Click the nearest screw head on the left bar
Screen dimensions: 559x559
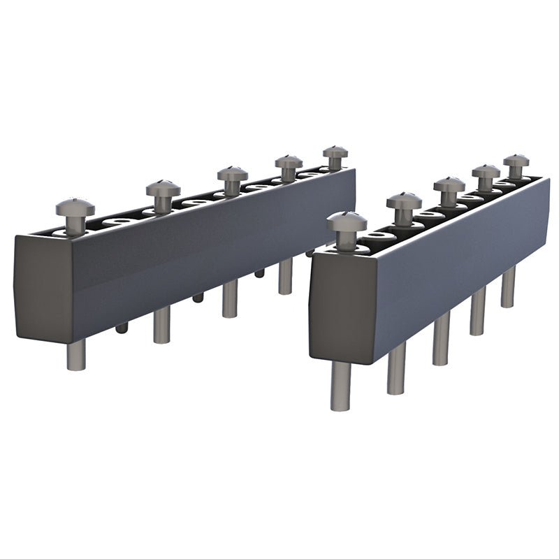(x=75, y=207)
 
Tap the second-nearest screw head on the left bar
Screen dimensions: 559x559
(x=163, y=189)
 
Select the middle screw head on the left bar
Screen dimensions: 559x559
(x=232, y=173)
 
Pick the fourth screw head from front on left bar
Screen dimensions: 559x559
(x=288, y=161)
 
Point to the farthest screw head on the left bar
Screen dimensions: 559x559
(x=335, y=152)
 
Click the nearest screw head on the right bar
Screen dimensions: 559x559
(x=347, y=222)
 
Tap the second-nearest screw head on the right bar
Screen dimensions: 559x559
(x=404, y=201)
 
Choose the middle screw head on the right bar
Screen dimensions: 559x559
(x=449, y=184)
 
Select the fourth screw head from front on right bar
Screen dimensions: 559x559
(x=486, y=170)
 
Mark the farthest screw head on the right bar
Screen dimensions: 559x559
(x=516, y=160)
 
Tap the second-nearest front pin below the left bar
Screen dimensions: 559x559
(x=161, y=325)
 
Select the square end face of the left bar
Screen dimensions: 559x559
(x=42, y=286)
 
